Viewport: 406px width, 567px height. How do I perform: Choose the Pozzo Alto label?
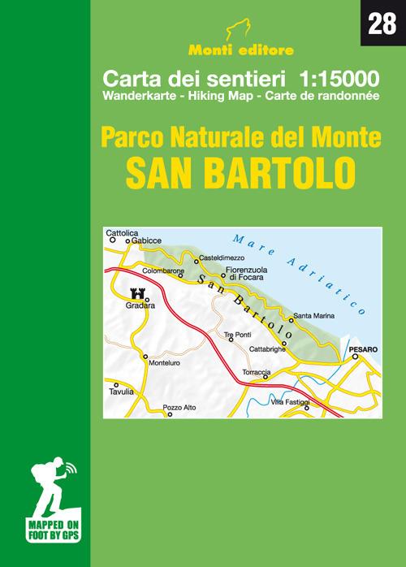[179, 406]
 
